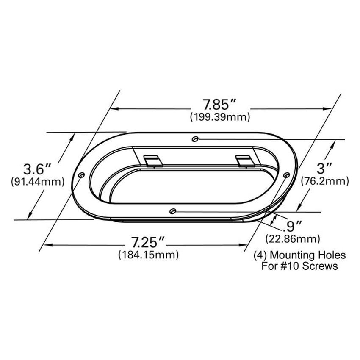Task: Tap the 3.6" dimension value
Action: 37,169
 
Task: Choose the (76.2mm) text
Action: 324,181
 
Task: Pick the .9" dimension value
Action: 293,226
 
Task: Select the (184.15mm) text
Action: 148,255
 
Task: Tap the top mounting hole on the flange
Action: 194,138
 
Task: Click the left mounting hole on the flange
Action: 81,175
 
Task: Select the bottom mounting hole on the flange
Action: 172,211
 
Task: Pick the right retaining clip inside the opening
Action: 244,160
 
